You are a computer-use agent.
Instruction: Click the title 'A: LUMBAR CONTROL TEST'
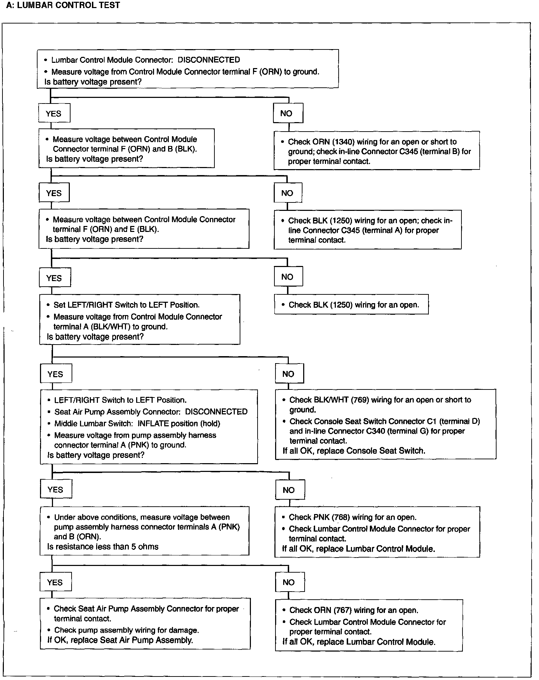point(63,5)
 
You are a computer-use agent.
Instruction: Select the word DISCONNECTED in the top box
point(208,60)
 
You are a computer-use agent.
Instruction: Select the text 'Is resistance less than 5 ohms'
point(103,547)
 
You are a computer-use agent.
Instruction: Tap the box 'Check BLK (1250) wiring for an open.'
point(351,305)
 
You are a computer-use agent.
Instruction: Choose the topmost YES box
point(54,113)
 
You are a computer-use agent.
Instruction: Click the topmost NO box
point(288,113)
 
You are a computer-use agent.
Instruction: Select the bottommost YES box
point(55,582)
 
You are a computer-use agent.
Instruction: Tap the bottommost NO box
point(290,582)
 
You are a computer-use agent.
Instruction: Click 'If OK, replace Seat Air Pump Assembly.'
point(120,640)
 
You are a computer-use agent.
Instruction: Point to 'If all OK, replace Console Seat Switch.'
point(354,451)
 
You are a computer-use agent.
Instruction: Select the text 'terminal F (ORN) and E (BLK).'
point(106,229)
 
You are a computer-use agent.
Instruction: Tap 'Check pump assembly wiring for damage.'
point(126,630)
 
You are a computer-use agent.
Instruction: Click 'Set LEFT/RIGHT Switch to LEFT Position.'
point(126,305)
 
